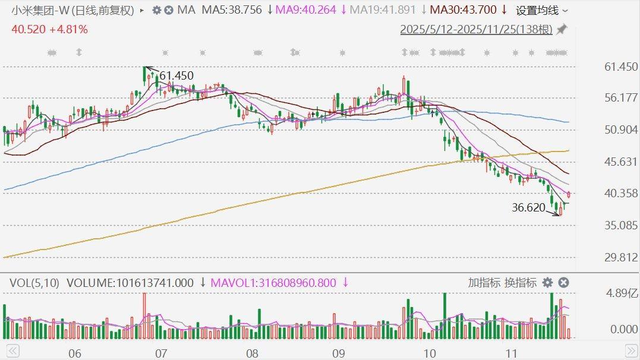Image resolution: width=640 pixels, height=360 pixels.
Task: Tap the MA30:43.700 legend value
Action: [x=463, y=10]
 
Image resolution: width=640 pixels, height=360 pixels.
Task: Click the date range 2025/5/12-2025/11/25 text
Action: [x=476, y=29]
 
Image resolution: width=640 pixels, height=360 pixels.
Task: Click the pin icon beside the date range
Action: [x=561, y=29]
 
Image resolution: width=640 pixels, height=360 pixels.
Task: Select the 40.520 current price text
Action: [x=27, y=29]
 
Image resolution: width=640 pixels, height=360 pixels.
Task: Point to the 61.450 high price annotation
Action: [x=176, y=75]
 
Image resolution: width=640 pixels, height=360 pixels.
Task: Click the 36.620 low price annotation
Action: [x=528, y=207]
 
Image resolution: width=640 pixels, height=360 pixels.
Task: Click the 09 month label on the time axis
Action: [x=338, y=353]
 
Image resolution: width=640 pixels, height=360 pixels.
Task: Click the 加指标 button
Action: [x=484, y=283]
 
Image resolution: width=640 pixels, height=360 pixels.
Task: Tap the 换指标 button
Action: [x=520, y=283]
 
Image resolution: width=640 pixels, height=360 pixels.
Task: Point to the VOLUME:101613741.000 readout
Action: [x=130, y=283]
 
